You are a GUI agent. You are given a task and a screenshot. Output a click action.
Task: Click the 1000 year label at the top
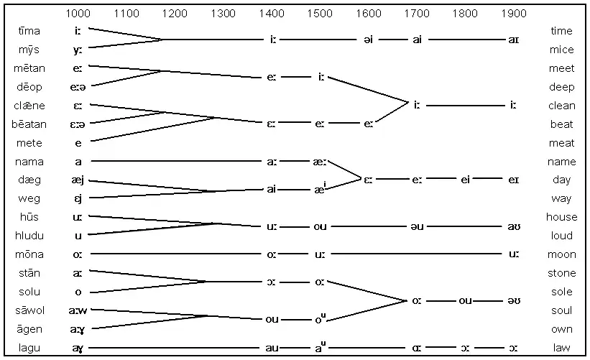coord(78,14)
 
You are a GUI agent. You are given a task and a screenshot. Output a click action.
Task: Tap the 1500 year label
coord(320,14)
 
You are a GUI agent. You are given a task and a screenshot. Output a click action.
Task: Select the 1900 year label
coord(514,14)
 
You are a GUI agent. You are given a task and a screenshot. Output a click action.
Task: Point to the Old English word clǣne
coord(29,106)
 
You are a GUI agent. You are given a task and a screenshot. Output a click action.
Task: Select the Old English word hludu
coord(29,236)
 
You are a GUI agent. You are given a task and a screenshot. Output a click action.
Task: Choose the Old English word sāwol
coord(29,310)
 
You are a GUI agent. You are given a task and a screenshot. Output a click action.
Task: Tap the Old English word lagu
coord(29,348)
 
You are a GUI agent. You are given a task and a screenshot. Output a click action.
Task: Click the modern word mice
coord(561,50)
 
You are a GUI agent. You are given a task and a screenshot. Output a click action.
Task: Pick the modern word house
coord(561,217)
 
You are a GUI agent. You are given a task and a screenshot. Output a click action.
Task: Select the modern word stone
coord(561,273)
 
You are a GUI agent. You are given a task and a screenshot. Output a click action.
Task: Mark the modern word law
coord(561,348)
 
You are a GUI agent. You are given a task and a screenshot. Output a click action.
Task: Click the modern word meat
coord(561,143)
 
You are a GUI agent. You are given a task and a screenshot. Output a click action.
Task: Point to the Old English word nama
coord(29,162)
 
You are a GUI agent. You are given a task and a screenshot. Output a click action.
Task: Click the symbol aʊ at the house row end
coord(514,227)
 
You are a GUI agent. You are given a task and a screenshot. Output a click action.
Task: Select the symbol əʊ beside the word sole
coord(514,300)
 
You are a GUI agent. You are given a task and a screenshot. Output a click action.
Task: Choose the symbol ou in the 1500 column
coord(320,227)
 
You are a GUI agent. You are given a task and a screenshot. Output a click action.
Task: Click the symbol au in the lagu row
coord(272,348)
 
